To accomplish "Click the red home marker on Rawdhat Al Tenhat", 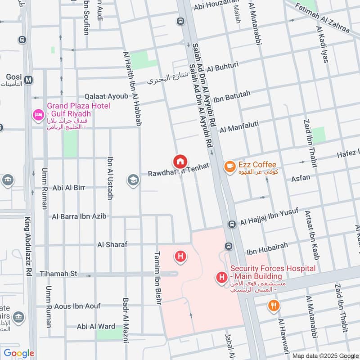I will (x=180, y=161).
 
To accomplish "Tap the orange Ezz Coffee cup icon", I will (x=229, y=166).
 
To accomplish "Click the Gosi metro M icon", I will (x=29, y=80).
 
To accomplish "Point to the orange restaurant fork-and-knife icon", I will (x=273, y=306).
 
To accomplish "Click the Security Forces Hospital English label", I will (x=273, y=272).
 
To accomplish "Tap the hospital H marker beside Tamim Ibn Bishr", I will (x=180, y=257).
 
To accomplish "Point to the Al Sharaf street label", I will (x=112, y=244).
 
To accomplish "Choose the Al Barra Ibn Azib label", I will (x=79, y=216).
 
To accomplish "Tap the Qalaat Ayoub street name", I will (x=106, y=97).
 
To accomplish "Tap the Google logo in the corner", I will (x=19, y=353).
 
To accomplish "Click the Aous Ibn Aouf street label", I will (x=77, y=306).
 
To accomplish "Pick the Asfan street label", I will (x=301, y=178).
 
